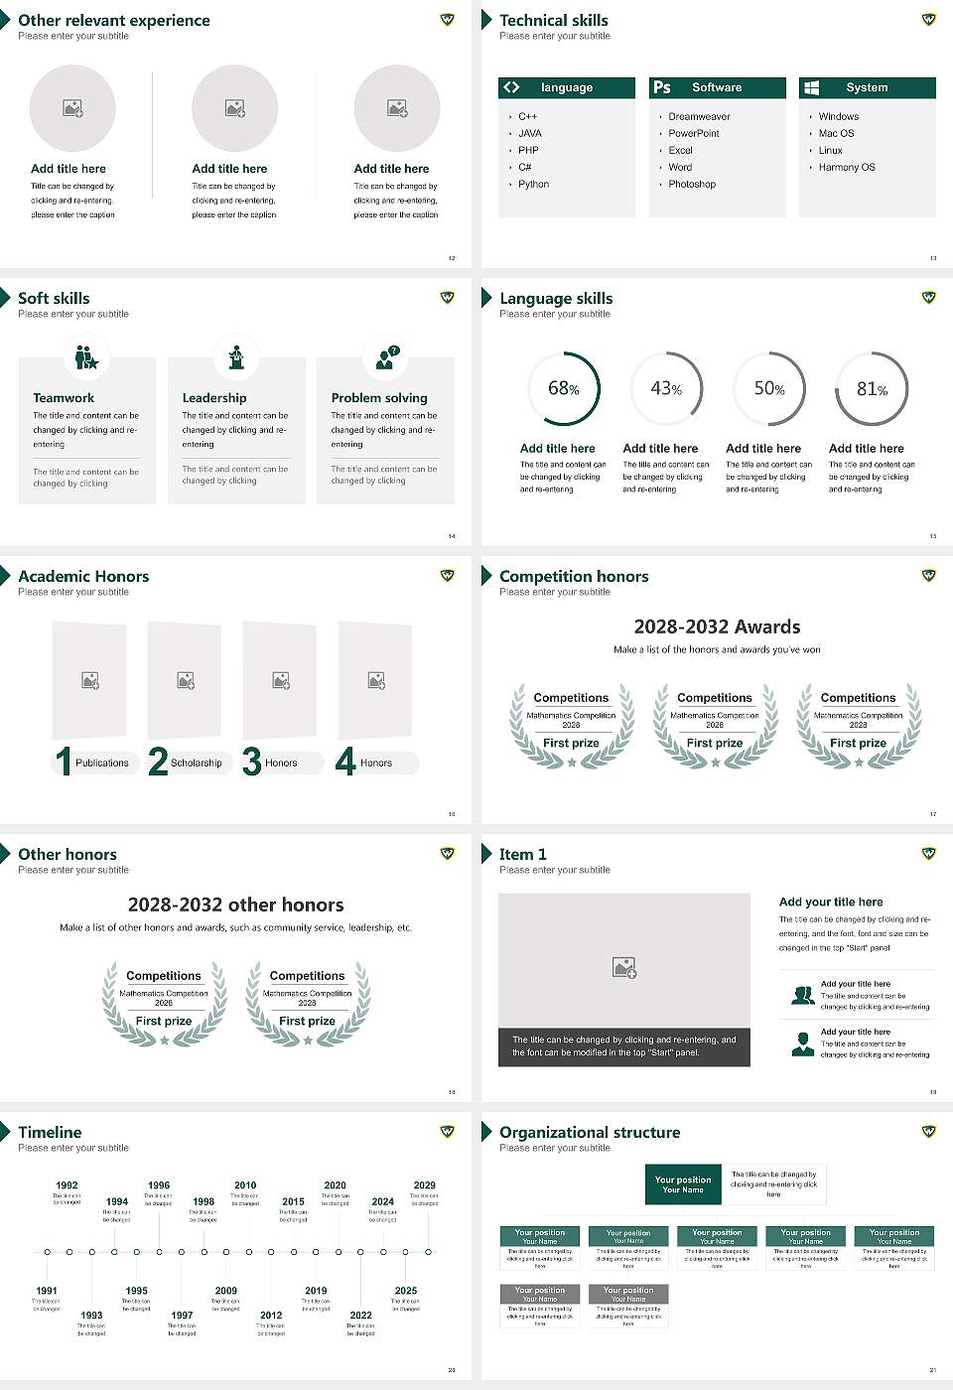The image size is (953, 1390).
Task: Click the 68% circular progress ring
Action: [564, 388]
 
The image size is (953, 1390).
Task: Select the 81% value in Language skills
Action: [872, 389]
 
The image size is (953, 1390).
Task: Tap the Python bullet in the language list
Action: [533, 185]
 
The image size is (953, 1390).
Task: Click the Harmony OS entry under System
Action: [847, 168]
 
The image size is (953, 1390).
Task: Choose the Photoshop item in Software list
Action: [692, 185]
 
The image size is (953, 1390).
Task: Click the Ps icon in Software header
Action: [662, 87]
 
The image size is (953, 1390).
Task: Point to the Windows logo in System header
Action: [811, 87]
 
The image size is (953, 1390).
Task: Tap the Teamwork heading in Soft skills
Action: [64, 398]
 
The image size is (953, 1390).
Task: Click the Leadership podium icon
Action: [236, 357]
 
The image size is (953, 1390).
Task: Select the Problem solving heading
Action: [379, 398]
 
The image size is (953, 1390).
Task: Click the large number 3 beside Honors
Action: [252, 762]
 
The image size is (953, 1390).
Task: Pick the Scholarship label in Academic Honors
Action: [196, 764]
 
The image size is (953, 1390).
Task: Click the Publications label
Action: [102, 764]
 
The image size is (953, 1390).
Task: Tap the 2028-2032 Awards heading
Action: [717, 627]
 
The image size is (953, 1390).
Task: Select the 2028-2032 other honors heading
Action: [235, 905]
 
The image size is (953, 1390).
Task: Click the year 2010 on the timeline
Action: [245, 1185]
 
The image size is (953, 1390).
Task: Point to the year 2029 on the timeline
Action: [424, 1185]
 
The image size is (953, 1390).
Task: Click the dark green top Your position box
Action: [683, 1184]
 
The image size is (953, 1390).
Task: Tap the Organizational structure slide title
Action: [590, 1133]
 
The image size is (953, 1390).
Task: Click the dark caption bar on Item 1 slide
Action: [623, 1046]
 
